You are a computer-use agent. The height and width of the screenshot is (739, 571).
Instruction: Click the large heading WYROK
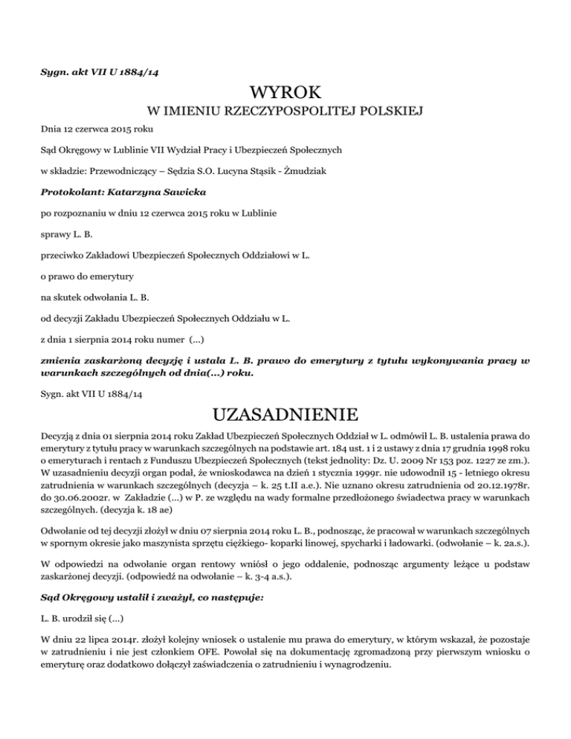coord(286,93)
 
